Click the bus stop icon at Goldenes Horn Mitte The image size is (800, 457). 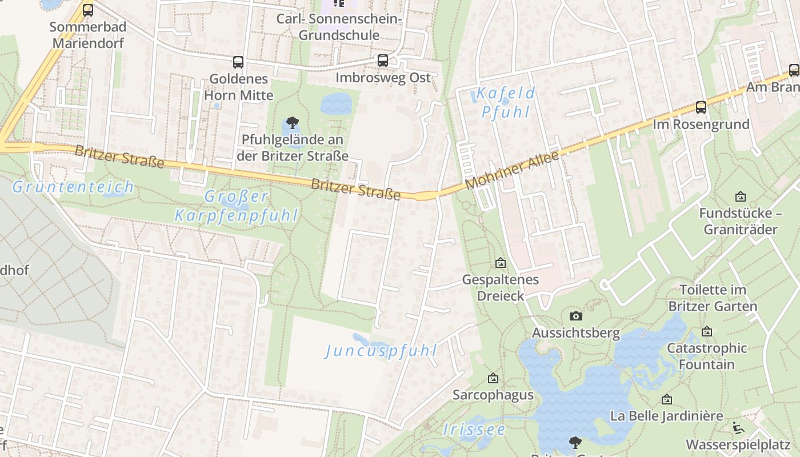[238, 62]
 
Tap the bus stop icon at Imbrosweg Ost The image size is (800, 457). [383, 61]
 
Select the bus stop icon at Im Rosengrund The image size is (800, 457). [701, 107]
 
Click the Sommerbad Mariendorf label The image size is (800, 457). [87, 35]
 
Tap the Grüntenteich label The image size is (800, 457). [73, 187]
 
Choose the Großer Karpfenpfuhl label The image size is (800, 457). [237, 206]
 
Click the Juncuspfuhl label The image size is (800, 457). [381, 350]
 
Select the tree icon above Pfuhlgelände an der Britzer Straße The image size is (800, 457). [293, 122]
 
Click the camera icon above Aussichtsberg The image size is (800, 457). [576, 316]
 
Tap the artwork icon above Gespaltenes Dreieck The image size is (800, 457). [501, 263]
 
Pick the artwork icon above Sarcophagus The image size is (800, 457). [493, 378]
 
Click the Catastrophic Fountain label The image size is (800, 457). [707, 356]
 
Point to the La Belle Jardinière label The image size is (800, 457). [667, 415]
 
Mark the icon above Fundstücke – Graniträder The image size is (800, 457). [741, 197]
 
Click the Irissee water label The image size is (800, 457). [474, 430]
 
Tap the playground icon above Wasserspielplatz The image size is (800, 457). [738, 427]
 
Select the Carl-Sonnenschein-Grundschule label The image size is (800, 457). [339, 27]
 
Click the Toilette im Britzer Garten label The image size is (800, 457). [713, 298]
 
